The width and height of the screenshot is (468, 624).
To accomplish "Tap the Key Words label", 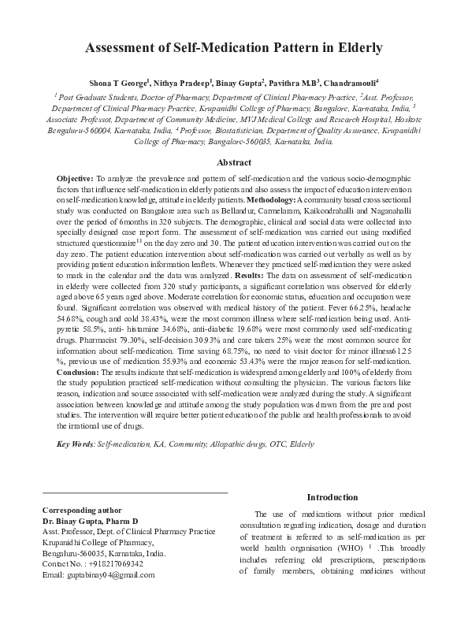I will click(76, 445).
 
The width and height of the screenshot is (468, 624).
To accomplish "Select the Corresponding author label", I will click(81, 511).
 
